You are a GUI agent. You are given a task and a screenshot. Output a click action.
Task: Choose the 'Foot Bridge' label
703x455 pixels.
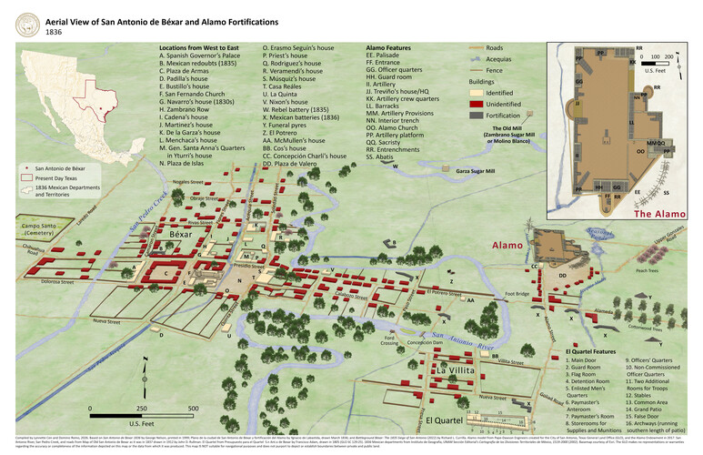517,294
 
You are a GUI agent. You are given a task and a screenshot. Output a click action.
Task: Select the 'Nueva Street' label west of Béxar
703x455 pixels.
106,321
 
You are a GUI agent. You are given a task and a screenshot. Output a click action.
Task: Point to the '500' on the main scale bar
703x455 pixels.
193,409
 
